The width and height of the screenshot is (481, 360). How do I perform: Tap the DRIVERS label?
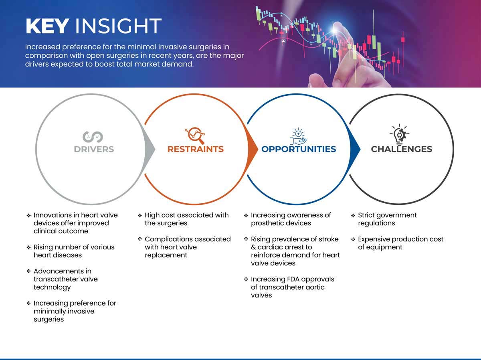(94, 149)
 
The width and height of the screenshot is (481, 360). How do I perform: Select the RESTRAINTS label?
(196, 149)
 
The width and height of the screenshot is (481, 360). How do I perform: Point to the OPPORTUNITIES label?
(299, 149)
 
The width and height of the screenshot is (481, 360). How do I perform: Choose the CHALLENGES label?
(402, 149)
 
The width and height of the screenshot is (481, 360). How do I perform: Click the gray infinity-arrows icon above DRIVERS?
(93, 137)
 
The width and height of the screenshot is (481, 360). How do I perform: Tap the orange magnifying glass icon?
(195, 136)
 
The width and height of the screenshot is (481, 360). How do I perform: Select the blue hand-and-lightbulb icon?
(298, 136)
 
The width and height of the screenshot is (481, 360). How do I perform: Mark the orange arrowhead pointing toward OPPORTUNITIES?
(253, 149)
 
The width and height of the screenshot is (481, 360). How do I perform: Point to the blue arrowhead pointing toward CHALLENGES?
(356, 149)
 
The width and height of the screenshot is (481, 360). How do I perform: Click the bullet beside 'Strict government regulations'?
(353, 216)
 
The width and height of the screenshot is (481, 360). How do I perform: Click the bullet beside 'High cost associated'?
(140, 216)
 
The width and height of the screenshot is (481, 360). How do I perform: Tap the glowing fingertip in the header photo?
(335, 29)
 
